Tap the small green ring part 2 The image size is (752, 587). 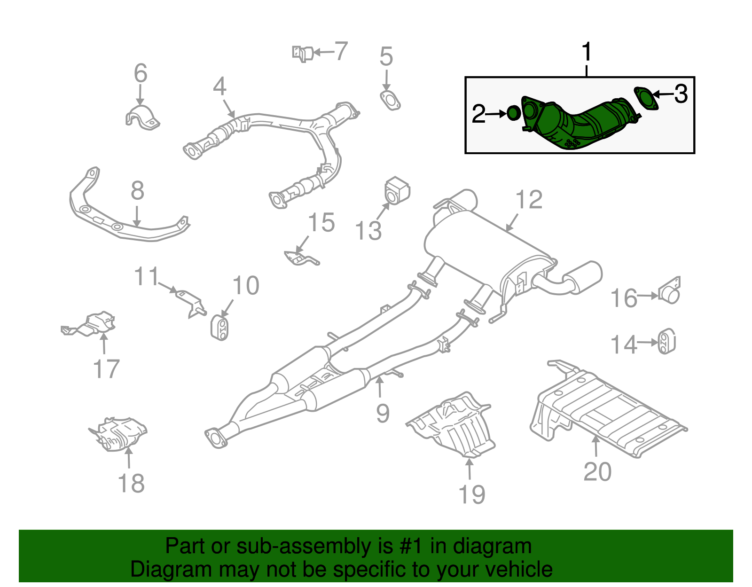pyautogui.click(x=513, y=113)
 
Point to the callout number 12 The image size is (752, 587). pyautogui.click(x=529, y=200)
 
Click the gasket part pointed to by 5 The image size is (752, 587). pyautogui.click(x=390, y=100)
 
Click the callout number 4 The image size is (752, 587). pyautogui.click(x=219, y=87)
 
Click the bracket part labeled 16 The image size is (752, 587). pyautogui.click(x=670, y=291)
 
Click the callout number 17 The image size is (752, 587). pyautogui.click(x=106, y=369)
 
